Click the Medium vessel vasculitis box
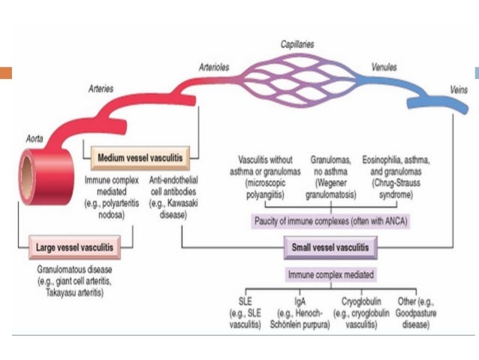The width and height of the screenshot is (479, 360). pyautogui.click(x=139, y=159)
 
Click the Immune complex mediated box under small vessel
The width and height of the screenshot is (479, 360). pyautogui.click(x=331, y=275)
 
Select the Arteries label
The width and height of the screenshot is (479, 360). pyautogui.click(x=101, y=89)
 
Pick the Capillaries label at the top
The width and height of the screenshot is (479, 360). pyautogui.click(x=297, y=44)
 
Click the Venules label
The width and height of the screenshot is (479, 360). pyautogui.click(x=384, y=66)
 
